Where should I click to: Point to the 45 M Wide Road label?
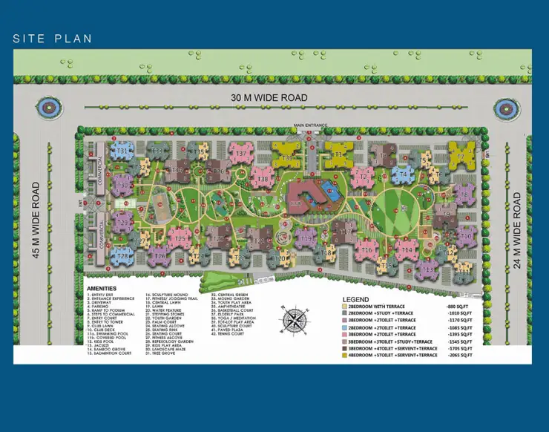36,219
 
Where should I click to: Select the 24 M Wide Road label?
517,230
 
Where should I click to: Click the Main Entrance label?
309,125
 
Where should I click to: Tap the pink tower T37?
240,153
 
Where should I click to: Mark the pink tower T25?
180,239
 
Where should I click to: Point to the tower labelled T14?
405,251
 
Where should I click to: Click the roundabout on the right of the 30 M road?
508,108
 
